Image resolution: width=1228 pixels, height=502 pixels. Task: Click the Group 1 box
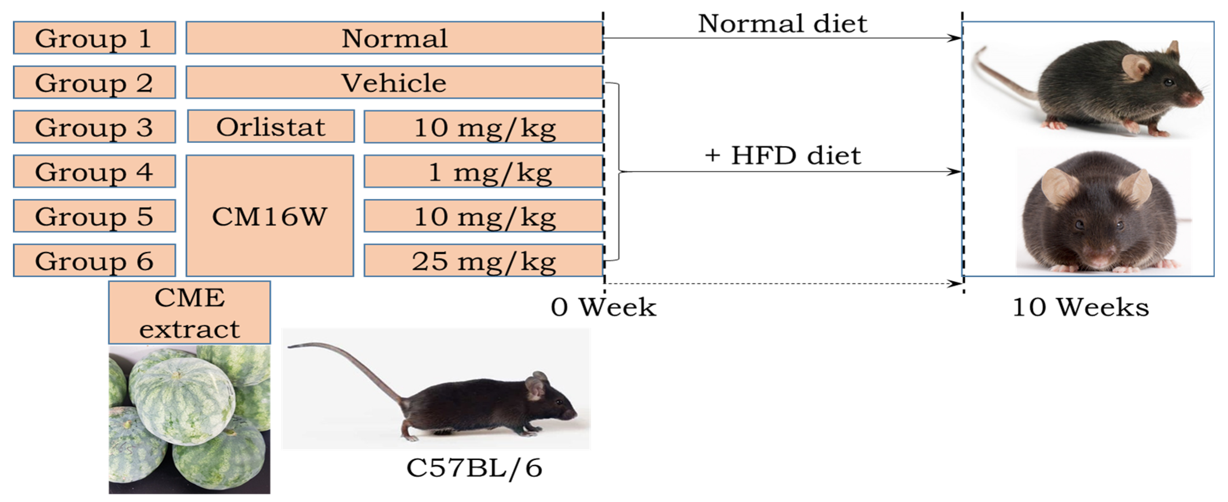click(x=94, y=38)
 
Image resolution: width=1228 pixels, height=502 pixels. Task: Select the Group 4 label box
click(x=94, y=171)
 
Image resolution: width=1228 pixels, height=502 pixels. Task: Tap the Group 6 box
click(x=94, y=260)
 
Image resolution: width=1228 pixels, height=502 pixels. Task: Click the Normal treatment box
click(x=394, y=38)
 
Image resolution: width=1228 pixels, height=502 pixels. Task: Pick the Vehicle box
click(x=394, y=82)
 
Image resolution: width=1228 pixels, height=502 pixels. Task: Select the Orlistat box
click(x=271, y=127)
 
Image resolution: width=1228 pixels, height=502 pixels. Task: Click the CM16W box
click(x=270, y=216)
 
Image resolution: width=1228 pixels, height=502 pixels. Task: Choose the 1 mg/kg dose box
click(x=483, y=171)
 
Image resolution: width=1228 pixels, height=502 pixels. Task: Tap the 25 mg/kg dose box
click(x=483, y=260)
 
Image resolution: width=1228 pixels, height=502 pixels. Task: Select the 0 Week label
click(x=603, y=307)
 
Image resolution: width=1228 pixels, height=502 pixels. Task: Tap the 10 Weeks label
click(x=1080, y=307)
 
